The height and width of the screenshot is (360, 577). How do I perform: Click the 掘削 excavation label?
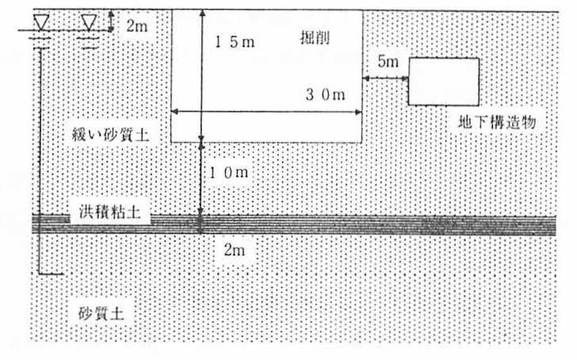[x=315, y=37]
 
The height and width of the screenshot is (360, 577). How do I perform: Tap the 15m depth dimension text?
[x=235, y=42]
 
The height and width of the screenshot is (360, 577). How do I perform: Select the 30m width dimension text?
[x=325, y=95]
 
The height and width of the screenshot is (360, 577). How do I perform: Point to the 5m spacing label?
[x=388, y=61]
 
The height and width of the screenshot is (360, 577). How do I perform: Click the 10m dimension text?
[x=228, y=172]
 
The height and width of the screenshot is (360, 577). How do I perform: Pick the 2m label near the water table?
[x=136, y=25]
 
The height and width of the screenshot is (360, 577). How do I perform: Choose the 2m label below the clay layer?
[x=234, y=250]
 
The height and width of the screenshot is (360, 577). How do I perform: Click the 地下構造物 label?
[x=497, y=122]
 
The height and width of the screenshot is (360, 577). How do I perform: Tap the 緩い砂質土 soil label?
[x=110, y=134]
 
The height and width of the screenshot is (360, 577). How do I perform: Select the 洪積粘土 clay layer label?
[x=109, y=212]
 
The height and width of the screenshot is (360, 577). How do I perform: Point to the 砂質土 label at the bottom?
[x=101, y=313]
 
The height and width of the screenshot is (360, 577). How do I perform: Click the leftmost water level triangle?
[x=41, y=23]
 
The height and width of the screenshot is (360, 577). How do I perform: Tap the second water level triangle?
[x=89, y=23]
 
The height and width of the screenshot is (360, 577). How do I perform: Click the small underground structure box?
[x=444, y=58]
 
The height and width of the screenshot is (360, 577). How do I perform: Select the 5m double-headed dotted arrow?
[x=385, y=78]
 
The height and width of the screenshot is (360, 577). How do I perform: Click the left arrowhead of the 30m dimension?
[x=175, y=111]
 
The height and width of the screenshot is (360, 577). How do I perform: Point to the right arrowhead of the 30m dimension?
[x=358, y=112]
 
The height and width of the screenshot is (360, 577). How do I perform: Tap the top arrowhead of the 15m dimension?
[x=202, y=13]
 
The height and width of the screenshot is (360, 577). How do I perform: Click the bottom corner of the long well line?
[x=39, y=274]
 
